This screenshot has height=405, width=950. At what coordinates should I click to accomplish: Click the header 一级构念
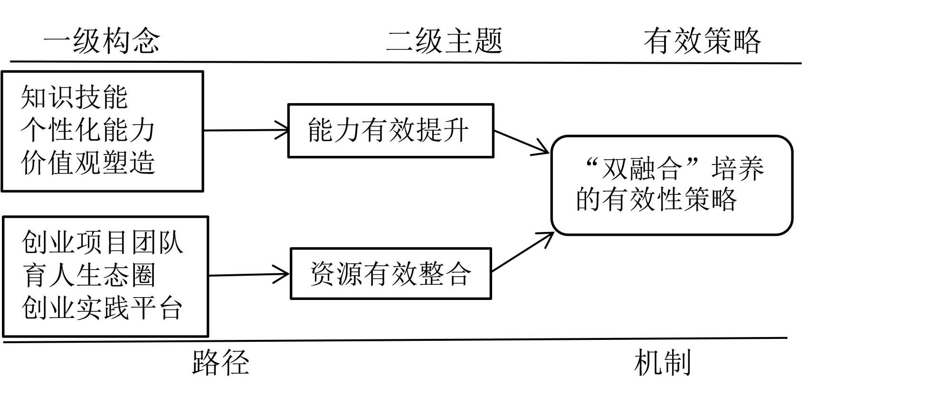click(x=102, y=40)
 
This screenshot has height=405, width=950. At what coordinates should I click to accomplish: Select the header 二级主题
click(x=444, y=40)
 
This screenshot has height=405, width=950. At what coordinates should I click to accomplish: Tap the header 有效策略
click(x=702, y=40)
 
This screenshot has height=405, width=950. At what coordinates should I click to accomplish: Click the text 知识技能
click(x=74, y=97)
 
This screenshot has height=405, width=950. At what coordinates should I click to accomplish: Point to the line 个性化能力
click(x=88, y=130)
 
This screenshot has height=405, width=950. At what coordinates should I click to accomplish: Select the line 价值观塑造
click(x=88, y=163)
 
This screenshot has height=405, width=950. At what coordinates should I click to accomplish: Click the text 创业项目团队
click(x=102, y=242)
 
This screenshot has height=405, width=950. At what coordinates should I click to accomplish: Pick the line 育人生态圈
click(x=89, y=275)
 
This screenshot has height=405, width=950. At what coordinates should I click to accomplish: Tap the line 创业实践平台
click(x=102, y=308)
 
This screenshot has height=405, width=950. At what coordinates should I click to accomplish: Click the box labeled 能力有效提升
click(x=390, y=131)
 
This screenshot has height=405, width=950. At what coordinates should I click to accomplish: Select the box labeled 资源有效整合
click(x=390, y=274)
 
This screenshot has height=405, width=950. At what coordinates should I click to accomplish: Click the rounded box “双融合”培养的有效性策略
click(x=672, y=185)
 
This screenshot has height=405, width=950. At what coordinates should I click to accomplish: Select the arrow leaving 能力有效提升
click(x=521, y=142)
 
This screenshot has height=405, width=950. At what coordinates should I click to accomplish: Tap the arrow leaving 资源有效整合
click(x=522, y=252)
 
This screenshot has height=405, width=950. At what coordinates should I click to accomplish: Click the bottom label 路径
click(x=220, y=363)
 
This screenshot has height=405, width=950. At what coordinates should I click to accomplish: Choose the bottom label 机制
click(x=662, y=363)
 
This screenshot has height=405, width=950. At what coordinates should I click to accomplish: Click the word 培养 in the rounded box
click(x=738, y=169)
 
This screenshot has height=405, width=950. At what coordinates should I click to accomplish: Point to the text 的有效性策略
click(x=656, y=200)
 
